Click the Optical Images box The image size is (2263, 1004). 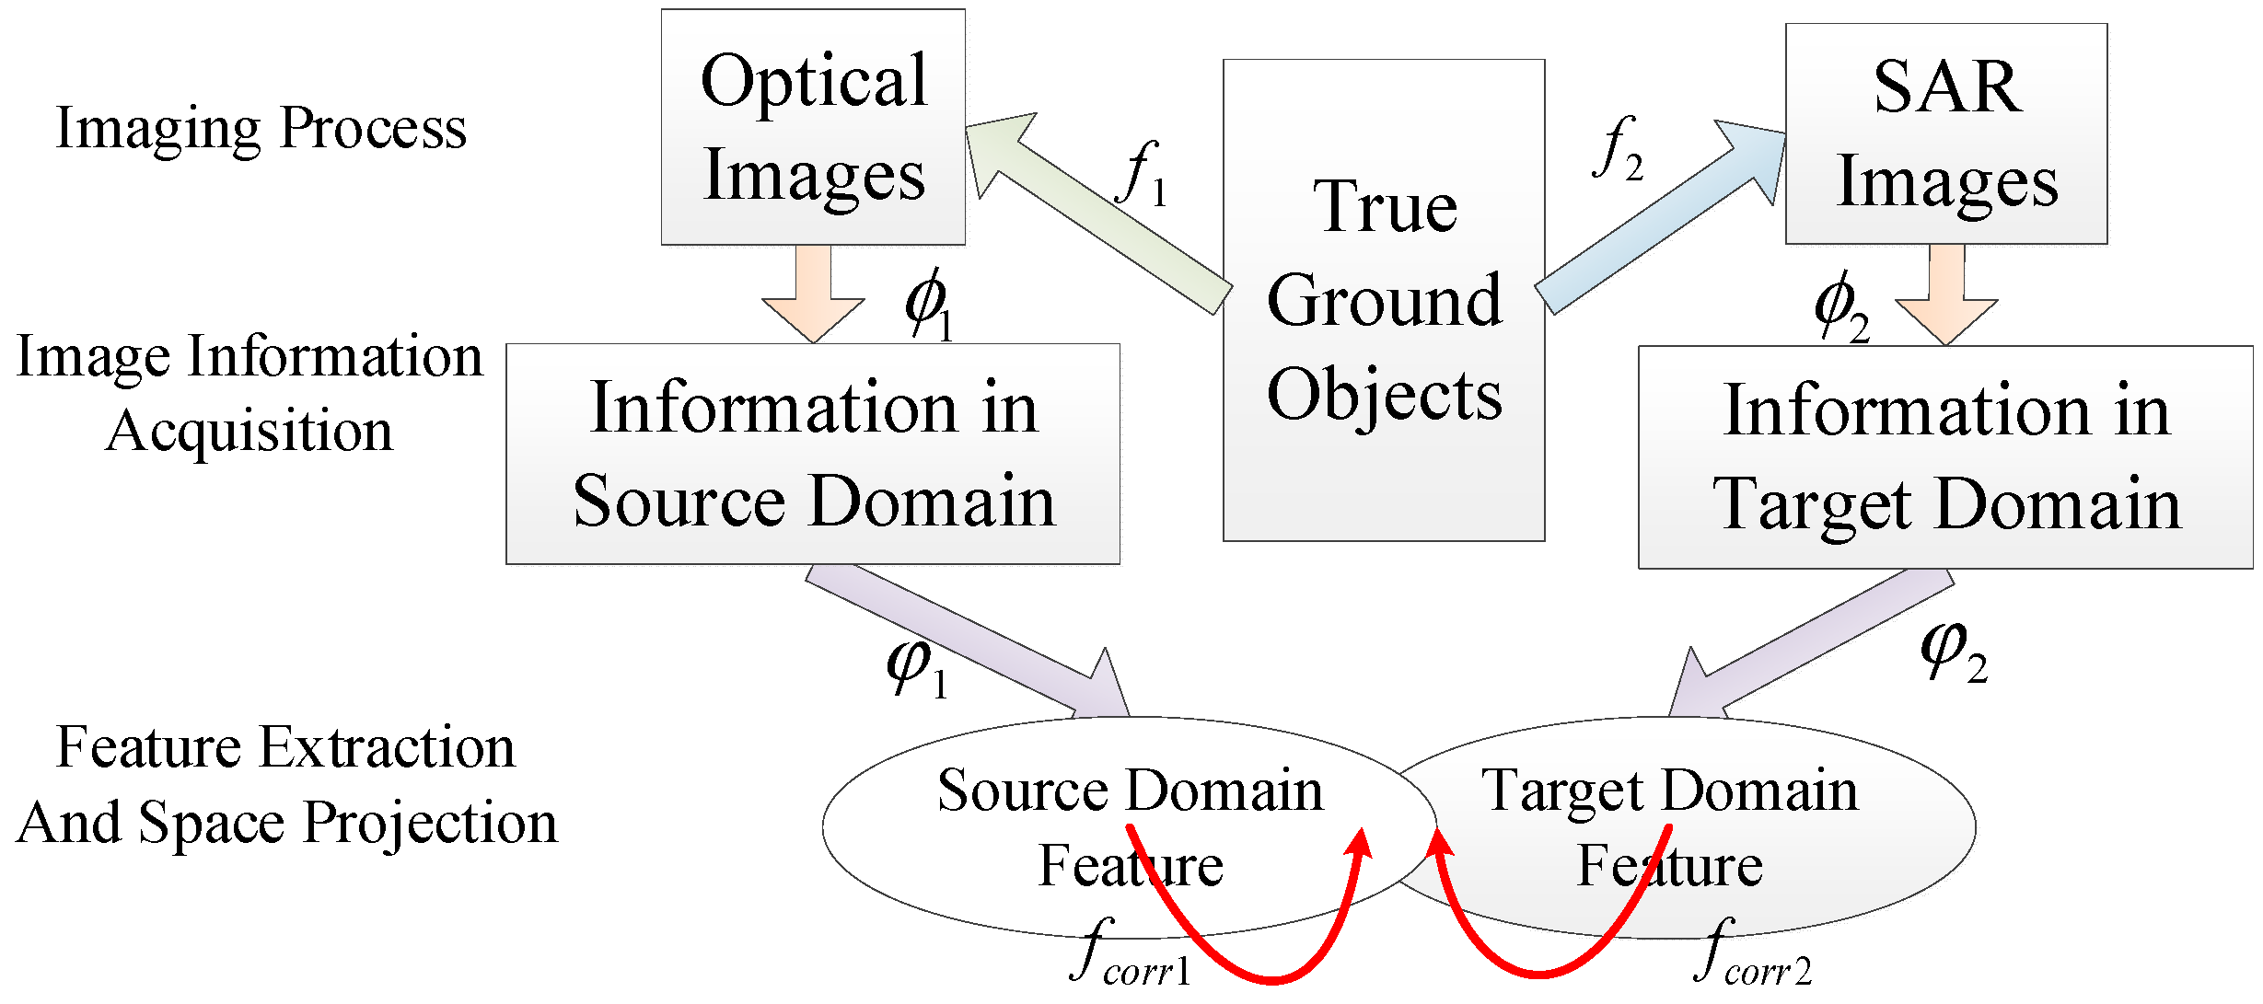point(813,127)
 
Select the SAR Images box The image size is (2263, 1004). point(1945,133)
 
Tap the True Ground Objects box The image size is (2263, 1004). point(1383,300)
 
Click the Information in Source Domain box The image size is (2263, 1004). point(813,454)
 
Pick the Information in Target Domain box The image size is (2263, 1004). point(1944,457)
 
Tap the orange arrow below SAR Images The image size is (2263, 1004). point(1945,298)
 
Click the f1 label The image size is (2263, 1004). point(1142,175)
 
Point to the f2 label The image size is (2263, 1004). point(1618,149)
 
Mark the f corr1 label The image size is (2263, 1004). point(1131,955)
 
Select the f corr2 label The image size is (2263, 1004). point(1752,955)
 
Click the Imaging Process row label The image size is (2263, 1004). point(261,129)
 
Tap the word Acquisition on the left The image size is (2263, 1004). point(249,431)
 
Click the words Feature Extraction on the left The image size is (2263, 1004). point(285,747)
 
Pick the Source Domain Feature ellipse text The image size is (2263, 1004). point(1130,825)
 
